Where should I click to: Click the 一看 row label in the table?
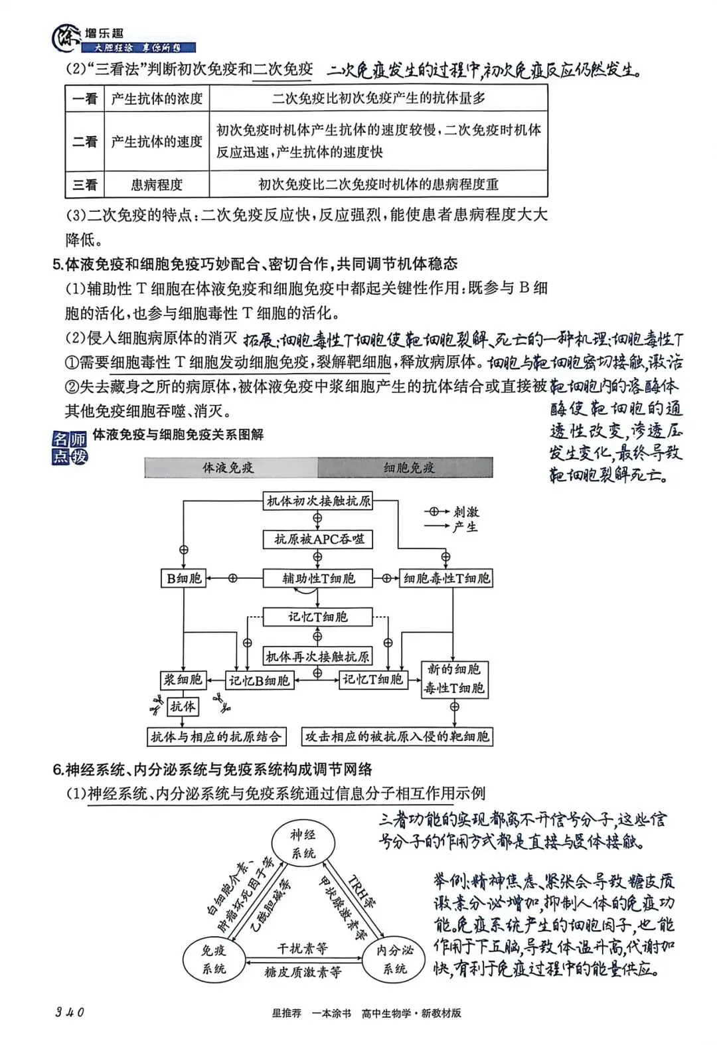click(85, 99)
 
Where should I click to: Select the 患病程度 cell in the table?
click(157, 185)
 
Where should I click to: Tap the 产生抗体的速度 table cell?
click(157, 141)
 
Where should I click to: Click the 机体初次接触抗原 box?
click(318, 501)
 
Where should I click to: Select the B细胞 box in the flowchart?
click(184, 578)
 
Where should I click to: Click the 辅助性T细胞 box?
click(318, 578)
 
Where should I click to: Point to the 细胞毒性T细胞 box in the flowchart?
click(446, 578)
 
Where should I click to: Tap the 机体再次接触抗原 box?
click(317, 657)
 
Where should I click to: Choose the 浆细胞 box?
click(183, 680)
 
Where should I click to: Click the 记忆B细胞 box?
click(259, 680)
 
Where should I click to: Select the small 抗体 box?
click(183, 706)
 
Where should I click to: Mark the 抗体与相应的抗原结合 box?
click(216, 736)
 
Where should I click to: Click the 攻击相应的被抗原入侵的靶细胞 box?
click(397, 736)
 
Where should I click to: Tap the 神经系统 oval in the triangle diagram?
click(303, 843)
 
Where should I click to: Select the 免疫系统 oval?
click(214, 959)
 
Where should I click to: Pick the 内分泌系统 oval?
click(394, 959)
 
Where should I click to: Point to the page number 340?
click(70, 1012)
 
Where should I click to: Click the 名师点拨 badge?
click(70, 447)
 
